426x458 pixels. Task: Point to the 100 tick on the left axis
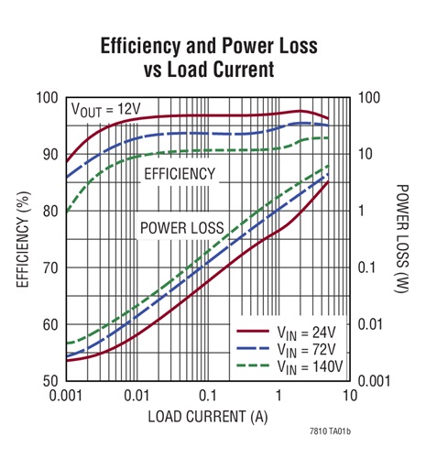[x=48, y=97]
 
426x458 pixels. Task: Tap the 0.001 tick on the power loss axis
[x=377, y=380]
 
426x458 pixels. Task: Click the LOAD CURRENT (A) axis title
[x=209, y=417]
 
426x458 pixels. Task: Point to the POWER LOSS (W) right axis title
[x=403, y=239]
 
